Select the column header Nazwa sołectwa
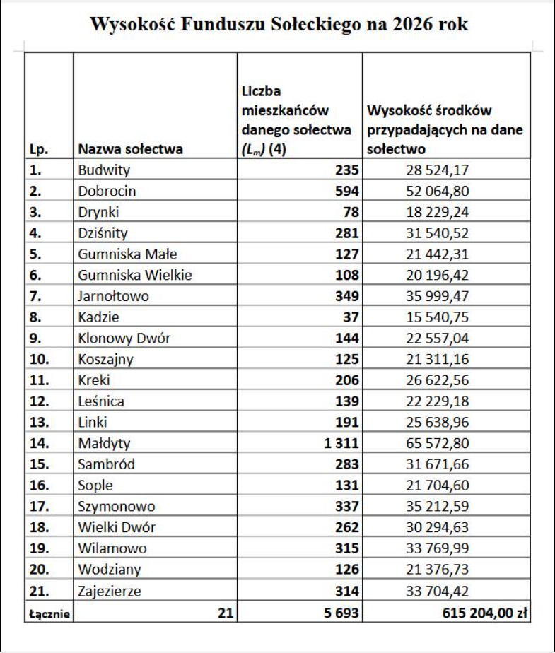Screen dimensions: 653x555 click(x=130, y=149)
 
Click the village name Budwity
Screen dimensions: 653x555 click(x=104, y=170)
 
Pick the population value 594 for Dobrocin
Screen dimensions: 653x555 click(x=347, y=191)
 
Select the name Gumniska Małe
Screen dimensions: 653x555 click(x=127, y=254)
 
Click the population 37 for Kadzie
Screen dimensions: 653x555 click(x=351, y=317)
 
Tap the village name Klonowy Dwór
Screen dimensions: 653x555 click(x=124, y=338)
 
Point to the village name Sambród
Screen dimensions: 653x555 click(x=107, y=464)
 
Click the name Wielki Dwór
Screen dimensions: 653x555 click(x=117, y=527)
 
